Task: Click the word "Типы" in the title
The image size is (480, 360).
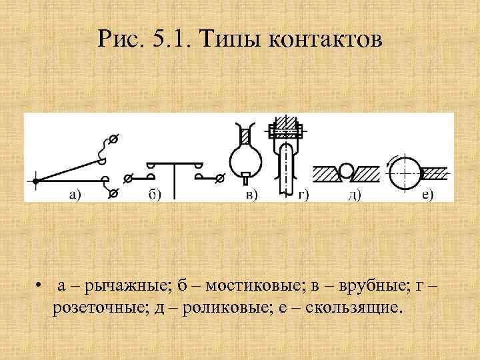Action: coord(225,41)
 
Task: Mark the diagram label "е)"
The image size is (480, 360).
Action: coord(427,195)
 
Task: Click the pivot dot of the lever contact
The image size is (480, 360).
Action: coord(36,180)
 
